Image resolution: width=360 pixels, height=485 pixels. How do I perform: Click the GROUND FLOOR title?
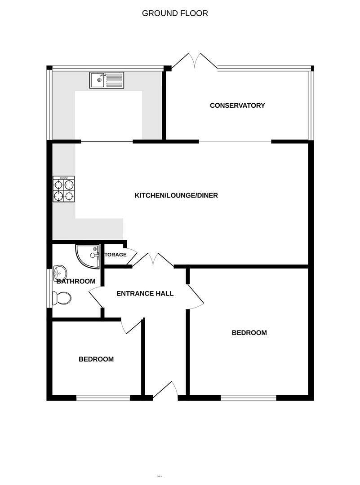[175, 13]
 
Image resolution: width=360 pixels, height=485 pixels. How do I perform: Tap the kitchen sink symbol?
[106, 80]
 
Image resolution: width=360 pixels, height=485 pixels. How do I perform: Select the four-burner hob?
[64, 189]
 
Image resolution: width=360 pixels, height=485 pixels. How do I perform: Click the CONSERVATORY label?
[237, 106]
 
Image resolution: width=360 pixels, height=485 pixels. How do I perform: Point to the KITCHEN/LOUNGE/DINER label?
[176, 195]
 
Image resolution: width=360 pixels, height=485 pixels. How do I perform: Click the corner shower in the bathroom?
[87, 256]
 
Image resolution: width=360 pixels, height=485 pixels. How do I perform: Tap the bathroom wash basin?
[60, 272]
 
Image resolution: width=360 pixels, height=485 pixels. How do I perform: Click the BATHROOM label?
[76, 282]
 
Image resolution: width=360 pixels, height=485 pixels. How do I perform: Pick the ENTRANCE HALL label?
[145, 294]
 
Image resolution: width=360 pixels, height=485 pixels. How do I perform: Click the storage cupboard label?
[116, 255]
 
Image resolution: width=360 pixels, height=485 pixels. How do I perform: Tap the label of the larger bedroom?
[249, 333]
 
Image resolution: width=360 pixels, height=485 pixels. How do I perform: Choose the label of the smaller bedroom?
[96, 359]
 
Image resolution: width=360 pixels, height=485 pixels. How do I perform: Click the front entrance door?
[166, 390]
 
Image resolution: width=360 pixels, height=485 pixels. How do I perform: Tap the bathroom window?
[50, 288]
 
